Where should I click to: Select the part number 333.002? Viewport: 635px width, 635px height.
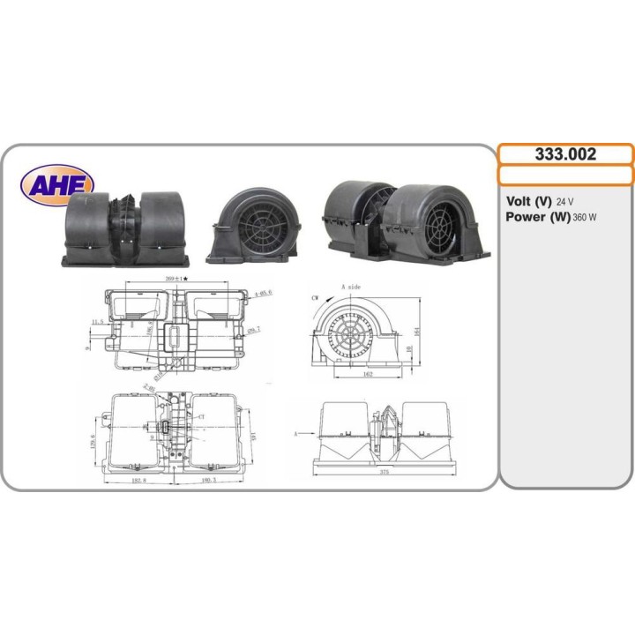click(565, 154)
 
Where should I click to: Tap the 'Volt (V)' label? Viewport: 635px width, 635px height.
click(529, 200)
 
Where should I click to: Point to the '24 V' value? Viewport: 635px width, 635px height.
click(566, 201)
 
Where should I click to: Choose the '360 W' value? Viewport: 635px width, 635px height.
click(585, 218)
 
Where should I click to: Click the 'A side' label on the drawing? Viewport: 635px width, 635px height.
click(350, 288)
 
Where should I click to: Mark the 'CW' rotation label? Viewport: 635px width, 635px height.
click(315, 299)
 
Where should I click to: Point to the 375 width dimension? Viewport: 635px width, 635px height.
click(385, 471)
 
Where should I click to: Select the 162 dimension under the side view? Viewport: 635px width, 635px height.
click(368, 375)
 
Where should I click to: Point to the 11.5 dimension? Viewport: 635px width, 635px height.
click(96, 323)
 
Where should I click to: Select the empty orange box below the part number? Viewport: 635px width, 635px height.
click(565, 176)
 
